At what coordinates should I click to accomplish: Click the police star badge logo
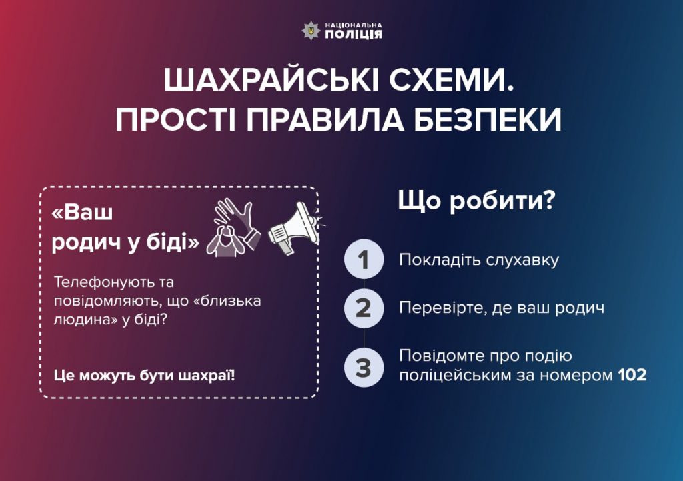311,31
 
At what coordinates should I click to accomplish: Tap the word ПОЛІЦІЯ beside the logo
354,35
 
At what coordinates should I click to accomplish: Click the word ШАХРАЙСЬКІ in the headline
266,81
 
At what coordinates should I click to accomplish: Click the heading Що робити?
476,201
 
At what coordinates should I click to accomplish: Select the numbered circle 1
364,260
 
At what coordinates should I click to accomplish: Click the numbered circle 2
364,308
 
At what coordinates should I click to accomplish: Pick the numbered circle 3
364,368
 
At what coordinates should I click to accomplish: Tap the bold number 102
632,375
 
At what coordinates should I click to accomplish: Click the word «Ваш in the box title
82,213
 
